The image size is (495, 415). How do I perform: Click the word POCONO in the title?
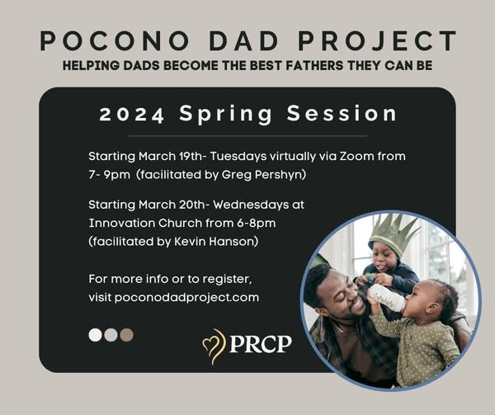pyautogui.click(x=115, y=41)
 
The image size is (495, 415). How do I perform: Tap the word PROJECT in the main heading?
pyautogui.click(x=377, y=41)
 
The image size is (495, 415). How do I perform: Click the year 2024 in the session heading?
pyautogui.click(x=132, y=115)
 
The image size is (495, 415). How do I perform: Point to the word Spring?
pyautogui.click(x=225, y=115)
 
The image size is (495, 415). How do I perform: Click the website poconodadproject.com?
pyautogui.click(x=186, y=298)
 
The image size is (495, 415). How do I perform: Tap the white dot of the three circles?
pyautogui.click(x=96, y=335)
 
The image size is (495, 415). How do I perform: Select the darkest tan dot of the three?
pyautogui.click(x=126, y=335)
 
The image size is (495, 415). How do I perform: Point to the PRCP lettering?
pyautogui.click(x=261, y=344)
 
